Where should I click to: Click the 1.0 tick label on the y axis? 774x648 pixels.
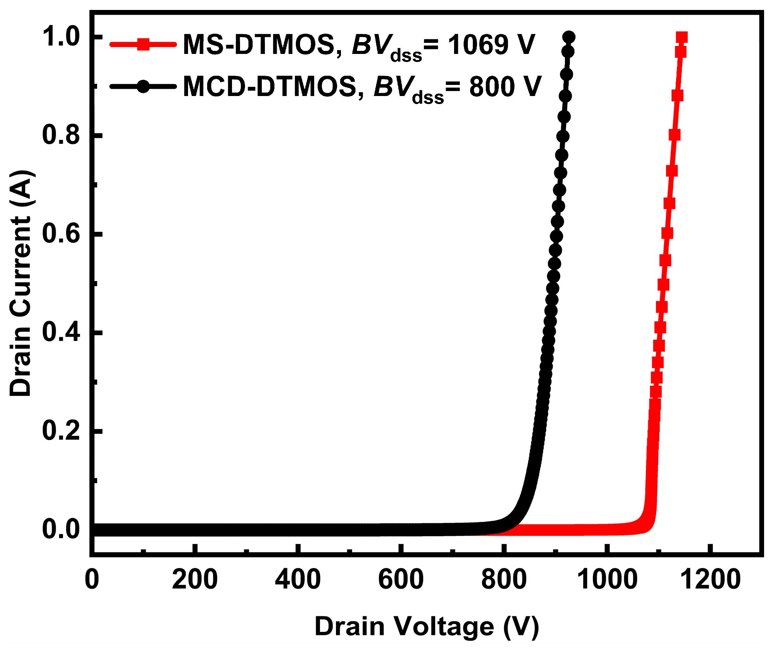click(x=61, y=37)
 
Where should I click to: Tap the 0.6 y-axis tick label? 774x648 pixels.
click(x=61, y=234)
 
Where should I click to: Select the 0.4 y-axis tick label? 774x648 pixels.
click(x=61, y=332)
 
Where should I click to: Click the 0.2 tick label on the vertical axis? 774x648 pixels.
click(x=61, y=430)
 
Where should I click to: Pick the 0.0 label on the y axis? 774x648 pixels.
click(x=61, y=529)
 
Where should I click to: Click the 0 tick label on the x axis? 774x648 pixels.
click(x=92, y=579)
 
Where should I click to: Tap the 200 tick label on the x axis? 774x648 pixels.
click(x=195, y=579)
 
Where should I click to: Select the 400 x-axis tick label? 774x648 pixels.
click(x=298, y=579)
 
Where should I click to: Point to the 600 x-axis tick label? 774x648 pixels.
click(x=401, y=579)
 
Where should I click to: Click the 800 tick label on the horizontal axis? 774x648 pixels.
click(x=504, y=579)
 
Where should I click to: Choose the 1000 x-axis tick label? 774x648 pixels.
click(x=607, y=579)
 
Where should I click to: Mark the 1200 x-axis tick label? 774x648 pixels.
click(x=710, y=579)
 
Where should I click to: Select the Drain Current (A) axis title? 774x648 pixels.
click(x=21, y=283)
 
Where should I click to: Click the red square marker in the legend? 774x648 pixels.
click(x=143, y=44)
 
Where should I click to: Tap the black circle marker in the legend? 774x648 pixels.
click(x=143, y=86)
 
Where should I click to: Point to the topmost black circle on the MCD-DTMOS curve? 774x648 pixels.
click(x=569, y=37)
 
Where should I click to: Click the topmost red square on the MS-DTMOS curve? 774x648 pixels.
click(x=682, y=37)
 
